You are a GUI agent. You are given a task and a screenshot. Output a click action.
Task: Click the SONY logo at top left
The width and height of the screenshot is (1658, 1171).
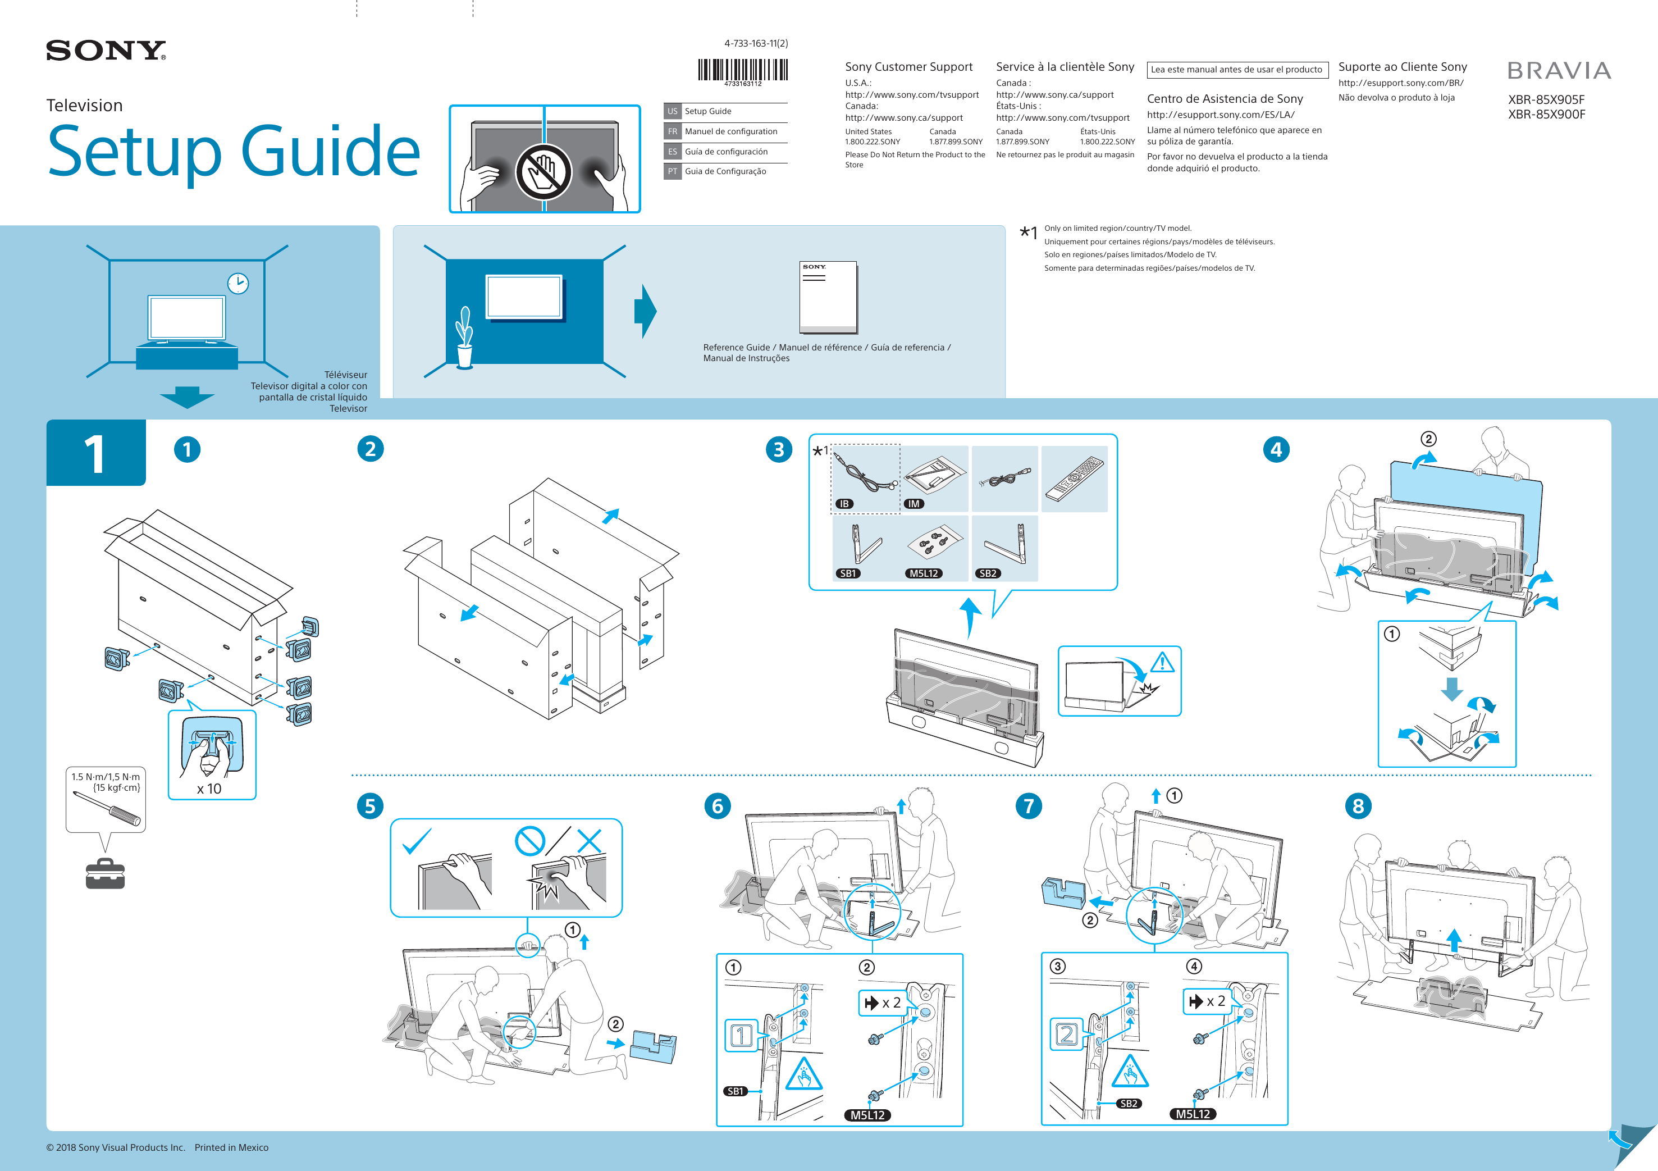[106, 51]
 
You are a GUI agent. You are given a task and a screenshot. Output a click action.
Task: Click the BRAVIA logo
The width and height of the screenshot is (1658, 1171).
[1559, 71]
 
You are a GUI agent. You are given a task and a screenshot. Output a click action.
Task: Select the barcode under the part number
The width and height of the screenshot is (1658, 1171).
[742, 70]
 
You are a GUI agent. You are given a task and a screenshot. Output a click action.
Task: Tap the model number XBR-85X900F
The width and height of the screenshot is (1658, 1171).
[1546, 114]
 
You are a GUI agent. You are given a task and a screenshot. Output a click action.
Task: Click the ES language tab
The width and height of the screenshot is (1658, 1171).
[672, 152]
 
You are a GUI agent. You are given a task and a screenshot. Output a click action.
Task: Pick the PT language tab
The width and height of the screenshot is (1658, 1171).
[672, 171]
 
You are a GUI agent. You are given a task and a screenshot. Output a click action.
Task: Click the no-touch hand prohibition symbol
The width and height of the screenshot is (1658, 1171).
[543, 172]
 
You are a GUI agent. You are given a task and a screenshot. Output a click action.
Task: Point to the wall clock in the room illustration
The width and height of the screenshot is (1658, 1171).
[237, 283]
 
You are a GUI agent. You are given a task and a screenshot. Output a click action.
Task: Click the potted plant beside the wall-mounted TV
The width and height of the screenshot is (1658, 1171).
[464, 338]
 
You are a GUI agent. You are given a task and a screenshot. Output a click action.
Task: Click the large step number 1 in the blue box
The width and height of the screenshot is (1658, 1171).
[94, 454]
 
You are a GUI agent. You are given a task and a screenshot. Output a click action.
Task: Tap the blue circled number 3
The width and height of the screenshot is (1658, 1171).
[778, 449]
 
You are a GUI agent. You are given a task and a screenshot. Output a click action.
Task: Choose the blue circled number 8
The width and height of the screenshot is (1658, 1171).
[1358, 806]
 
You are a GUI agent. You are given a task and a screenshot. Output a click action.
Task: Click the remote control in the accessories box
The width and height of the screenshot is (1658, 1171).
[1075, 477]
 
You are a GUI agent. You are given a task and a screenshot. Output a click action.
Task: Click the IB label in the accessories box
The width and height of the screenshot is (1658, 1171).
[844, 504]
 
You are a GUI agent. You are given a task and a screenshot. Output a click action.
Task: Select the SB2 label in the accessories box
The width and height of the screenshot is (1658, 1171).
[988, 573]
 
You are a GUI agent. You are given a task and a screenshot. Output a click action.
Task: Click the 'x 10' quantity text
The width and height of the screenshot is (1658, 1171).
[209, 789]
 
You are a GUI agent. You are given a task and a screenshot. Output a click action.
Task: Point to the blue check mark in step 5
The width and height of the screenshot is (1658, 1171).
[416, 841]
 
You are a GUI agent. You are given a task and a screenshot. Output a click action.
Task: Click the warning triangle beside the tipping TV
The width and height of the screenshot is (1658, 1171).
[1162, 662]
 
